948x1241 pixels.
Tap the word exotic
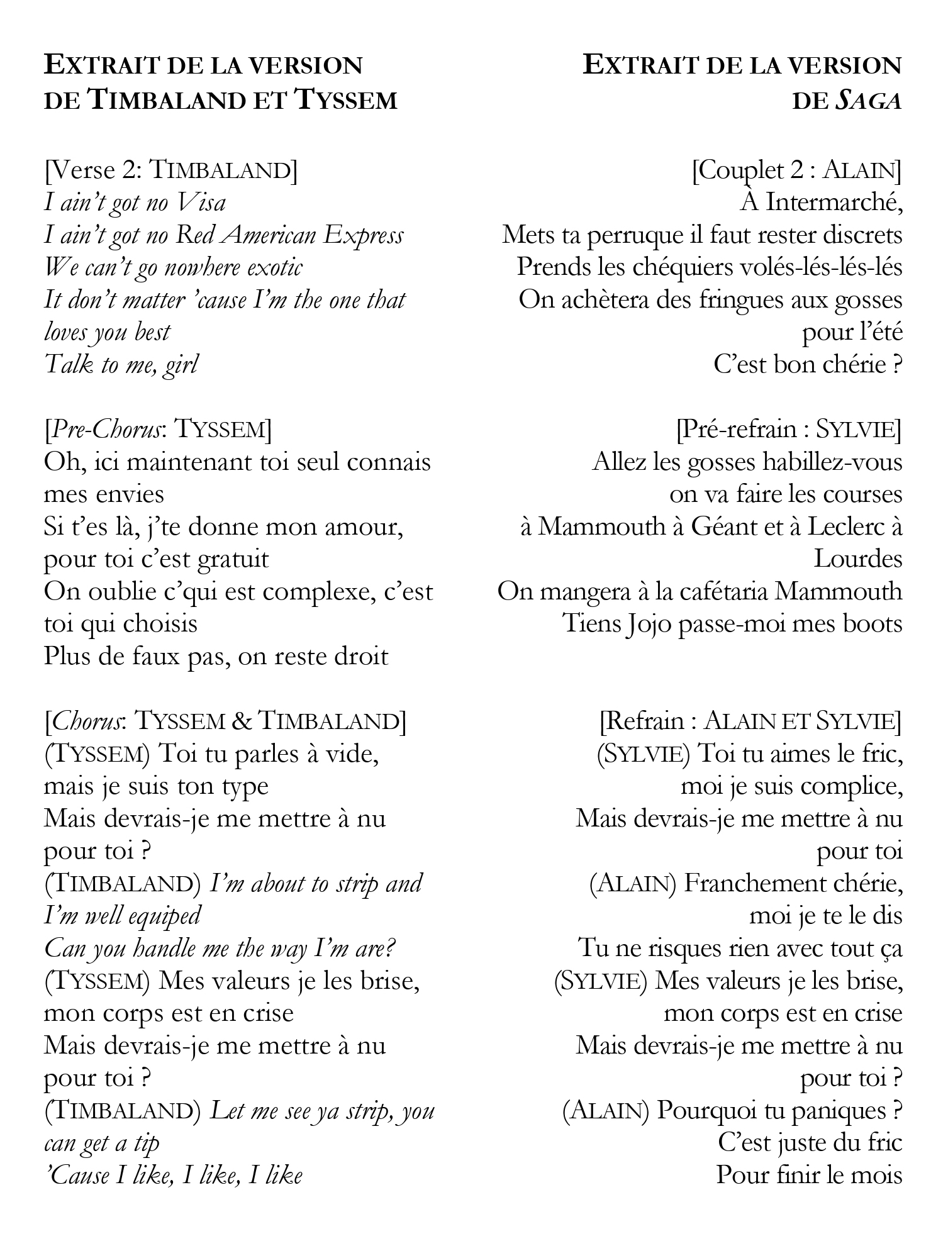[x=275, y=268]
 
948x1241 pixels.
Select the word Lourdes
[x=858, y=559]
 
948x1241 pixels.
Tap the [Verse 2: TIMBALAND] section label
[x=170, y=170]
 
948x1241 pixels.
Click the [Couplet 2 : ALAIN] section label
[x=796, y=170]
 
